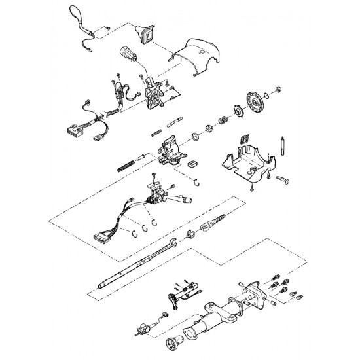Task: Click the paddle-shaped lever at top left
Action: (x=74, y=14)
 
